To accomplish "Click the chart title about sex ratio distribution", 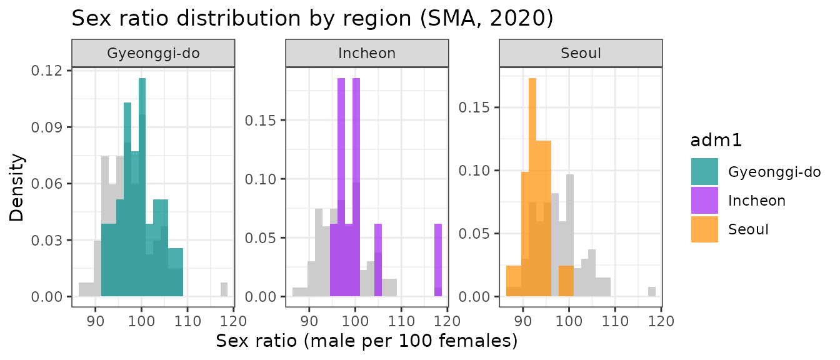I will [x=312, y=18].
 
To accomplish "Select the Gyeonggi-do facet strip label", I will [x=153, y=53].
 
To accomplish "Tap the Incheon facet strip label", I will [x=367, y=53].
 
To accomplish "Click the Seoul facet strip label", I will [x=581, y=53].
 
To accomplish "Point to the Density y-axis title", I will [x=18, y=187].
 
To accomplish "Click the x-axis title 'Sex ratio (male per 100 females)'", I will [x=367, y=342].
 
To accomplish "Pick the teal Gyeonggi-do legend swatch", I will [x=704, y=172].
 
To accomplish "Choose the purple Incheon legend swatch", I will [x=704, y=201].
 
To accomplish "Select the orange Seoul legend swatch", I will [x=704, y=229].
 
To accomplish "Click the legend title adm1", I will [x=716, y=141].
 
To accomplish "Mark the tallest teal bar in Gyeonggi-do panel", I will [x=142, y=187].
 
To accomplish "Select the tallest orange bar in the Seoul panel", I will [x=532, y=187].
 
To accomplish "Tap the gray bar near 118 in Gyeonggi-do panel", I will [x=224, y=289].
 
